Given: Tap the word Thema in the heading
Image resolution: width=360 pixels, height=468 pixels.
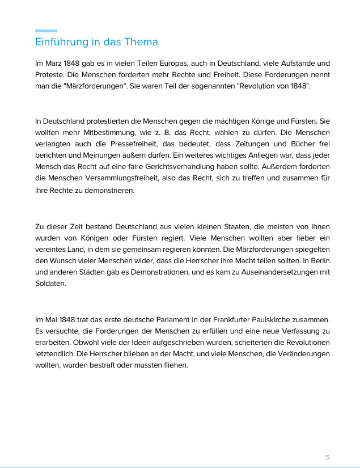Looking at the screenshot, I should [142, 42].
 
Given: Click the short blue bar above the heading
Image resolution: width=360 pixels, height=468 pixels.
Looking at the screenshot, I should [46, 31].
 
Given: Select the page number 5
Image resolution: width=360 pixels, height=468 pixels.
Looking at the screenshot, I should [328, 457].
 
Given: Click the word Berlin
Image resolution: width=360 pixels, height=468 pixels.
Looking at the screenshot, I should [319, 261].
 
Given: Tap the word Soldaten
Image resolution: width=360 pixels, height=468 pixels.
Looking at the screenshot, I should [50, 284].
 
